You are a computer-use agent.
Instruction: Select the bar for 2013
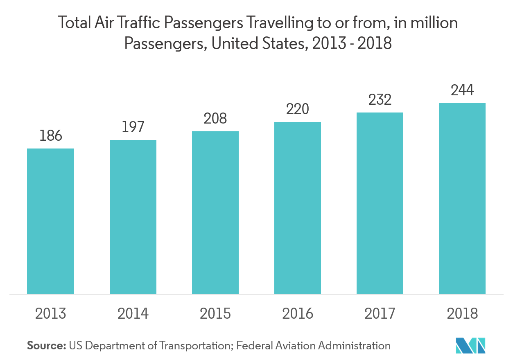(x=50, y=221)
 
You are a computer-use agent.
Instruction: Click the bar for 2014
(x=133, y=217)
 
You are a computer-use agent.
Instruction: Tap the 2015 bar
(x=215, y=212)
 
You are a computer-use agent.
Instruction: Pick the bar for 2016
(x=298, y=208)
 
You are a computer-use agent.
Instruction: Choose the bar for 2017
(x=380, y=203)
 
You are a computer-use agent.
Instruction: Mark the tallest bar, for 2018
(x=462, y=198)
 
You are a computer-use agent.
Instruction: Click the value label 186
(x=50, y=136)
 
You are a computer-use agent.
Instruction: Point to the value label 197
(x=133, y=127)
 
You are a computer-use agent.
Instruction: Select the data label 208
(x=215, y=119)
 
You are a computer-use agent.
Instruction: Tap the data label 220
(x=298, y=109)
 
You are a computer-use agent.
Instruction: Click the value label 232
(x=380, y=100)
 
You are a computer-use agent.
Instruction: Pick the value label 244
(x=462, y=90)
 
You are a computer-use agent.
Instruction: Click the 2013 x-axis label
(x=50, y=314)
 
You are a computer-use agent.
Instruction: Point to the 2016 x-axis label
(x=298, y=314)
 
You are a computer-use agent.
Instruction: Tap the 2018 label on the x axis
(x=462, y=314)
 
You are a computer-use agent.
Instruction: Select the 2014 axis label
(x=133, y=314)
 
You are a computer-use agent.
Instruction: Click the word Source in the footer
(x=46, y=346)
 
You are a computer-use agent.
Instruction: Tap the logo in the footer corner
(x=471, y=346)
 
